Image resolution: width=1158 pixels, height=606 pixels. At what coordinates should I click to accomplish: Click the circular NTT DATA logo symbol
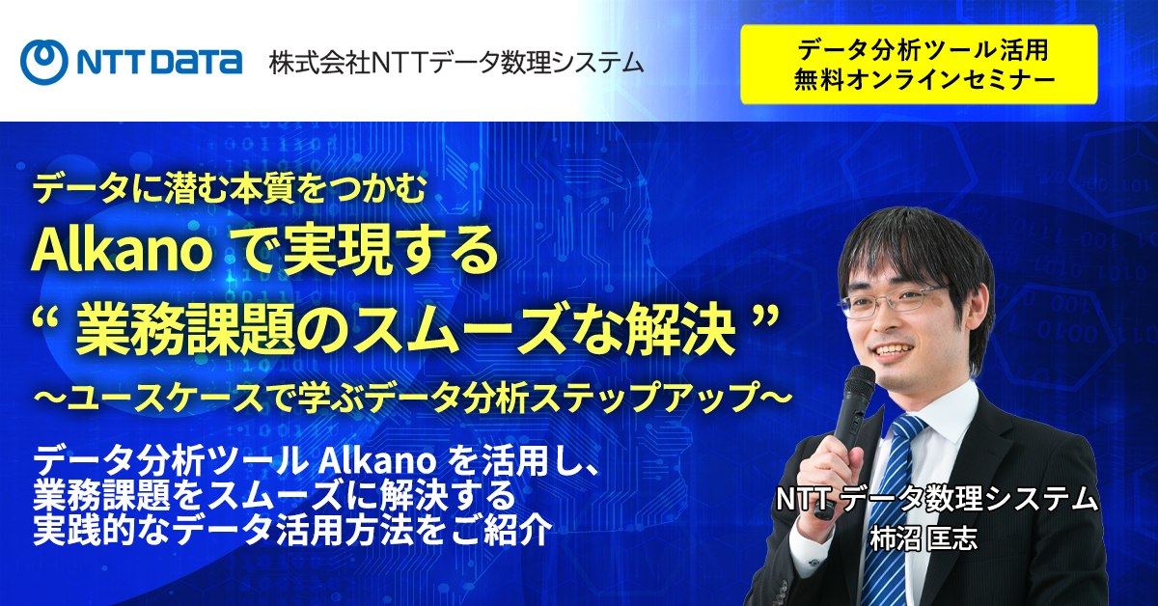[44, 62]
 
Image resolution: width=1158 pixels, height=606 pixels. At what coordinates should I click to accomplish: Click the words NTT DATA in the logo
[160, 63]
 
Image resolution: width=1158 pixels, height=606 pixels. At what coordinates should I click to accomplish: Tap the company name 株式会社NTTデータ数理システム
[455, 63]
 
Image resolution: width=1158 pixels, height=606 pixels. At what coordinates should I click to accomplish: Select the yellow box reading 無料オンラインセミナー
[919, 65]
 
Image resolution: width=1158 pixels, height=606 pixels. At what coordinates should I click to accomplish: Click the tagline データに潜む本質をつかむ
[229, 189]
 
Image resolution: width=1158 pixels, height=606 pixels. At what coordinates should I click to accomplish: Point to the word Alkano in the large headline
[122, 251]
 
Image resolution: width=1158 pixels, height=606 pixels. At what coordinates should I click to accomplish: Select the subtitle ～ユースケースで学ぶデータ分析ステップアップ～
[412, 398]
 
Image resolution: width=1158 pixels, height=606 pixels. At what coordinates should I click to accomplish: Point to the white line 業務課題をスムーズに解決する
[274, 495]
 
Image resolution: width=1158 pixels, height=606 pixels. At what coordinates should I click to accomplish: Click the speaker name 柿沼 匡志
[924, 537]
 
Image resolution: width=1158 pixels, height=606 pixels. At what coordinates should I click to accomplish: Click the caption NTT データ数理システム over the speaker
[936, 499]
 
